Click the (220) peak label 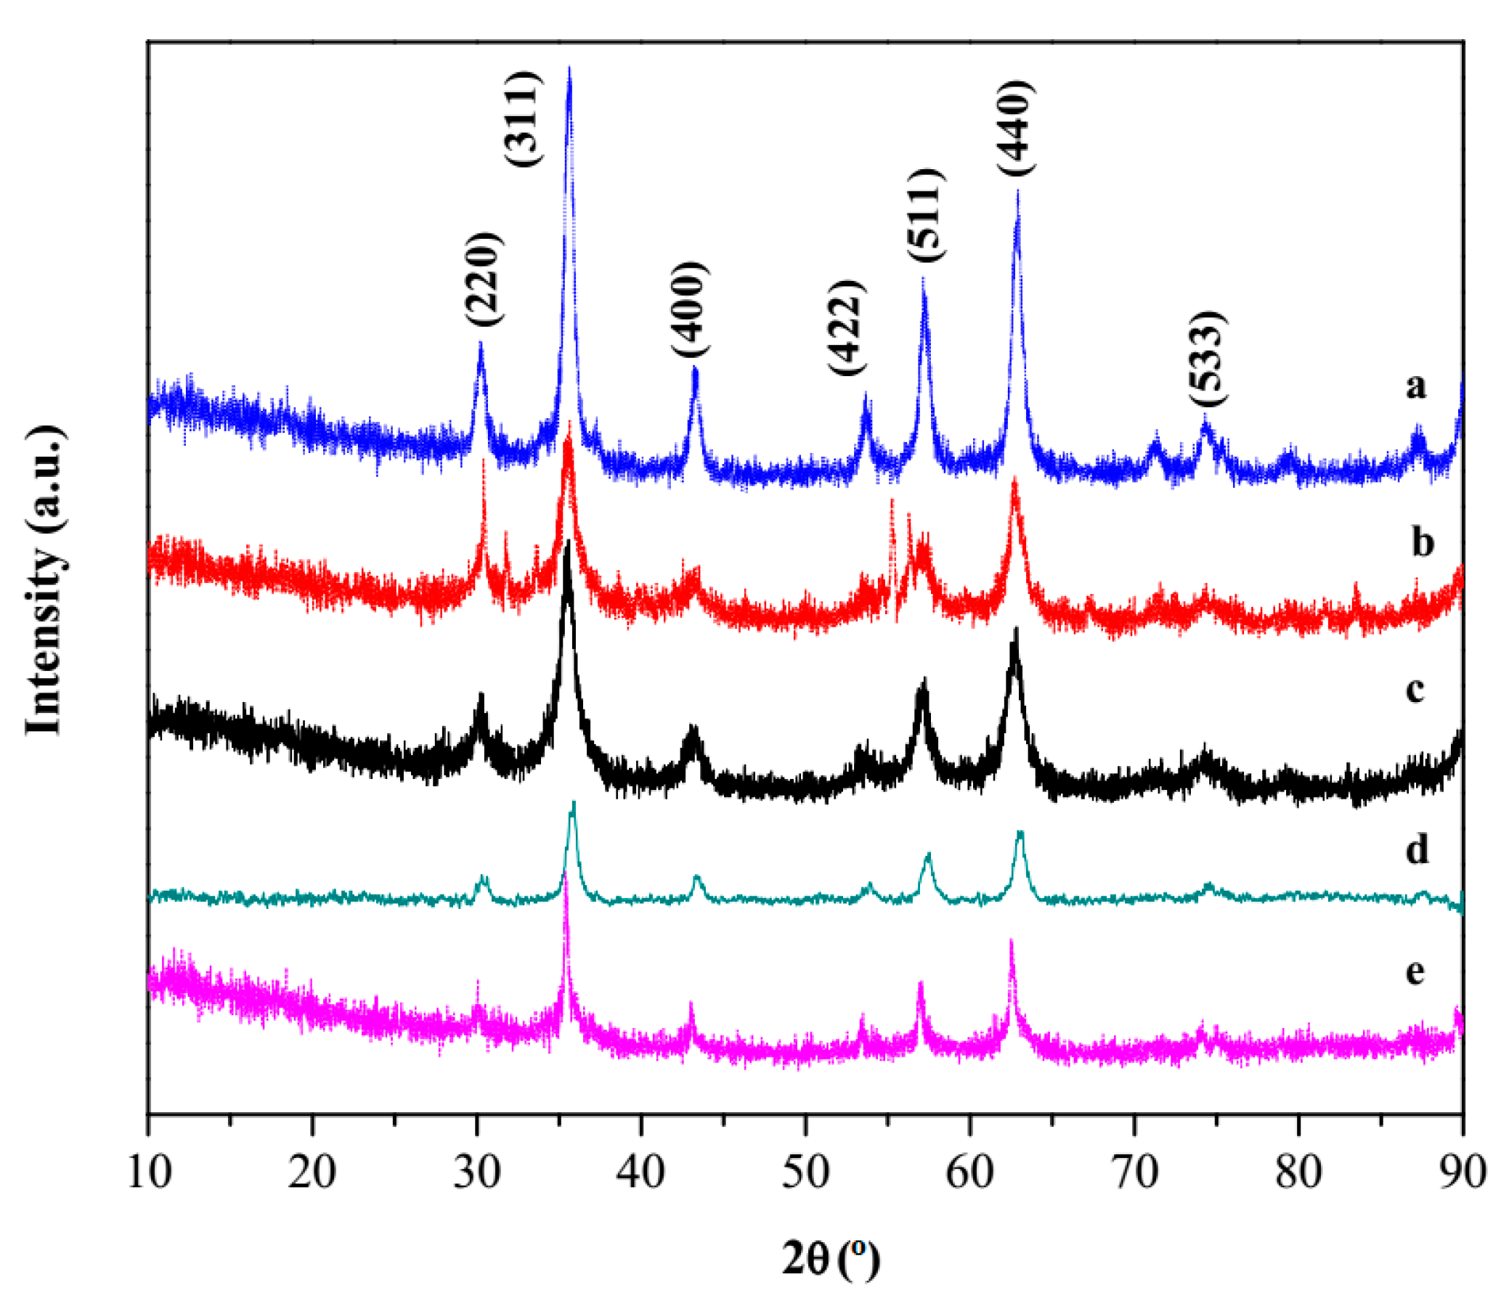484,280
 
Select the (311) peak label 523,120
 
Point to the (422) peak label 847,327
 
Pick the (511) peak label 927,216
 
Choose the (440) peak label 1016,128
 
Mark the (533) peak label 1208,359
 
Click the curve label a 1415,386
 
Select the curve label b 1423,542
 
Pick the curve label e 1415,971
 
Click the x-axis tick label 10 149,1172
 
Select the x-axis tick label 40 641,1172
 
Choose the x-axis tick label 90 1461,1172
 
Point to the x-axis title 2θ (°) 830,1259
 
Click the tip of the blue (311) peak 569,68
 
